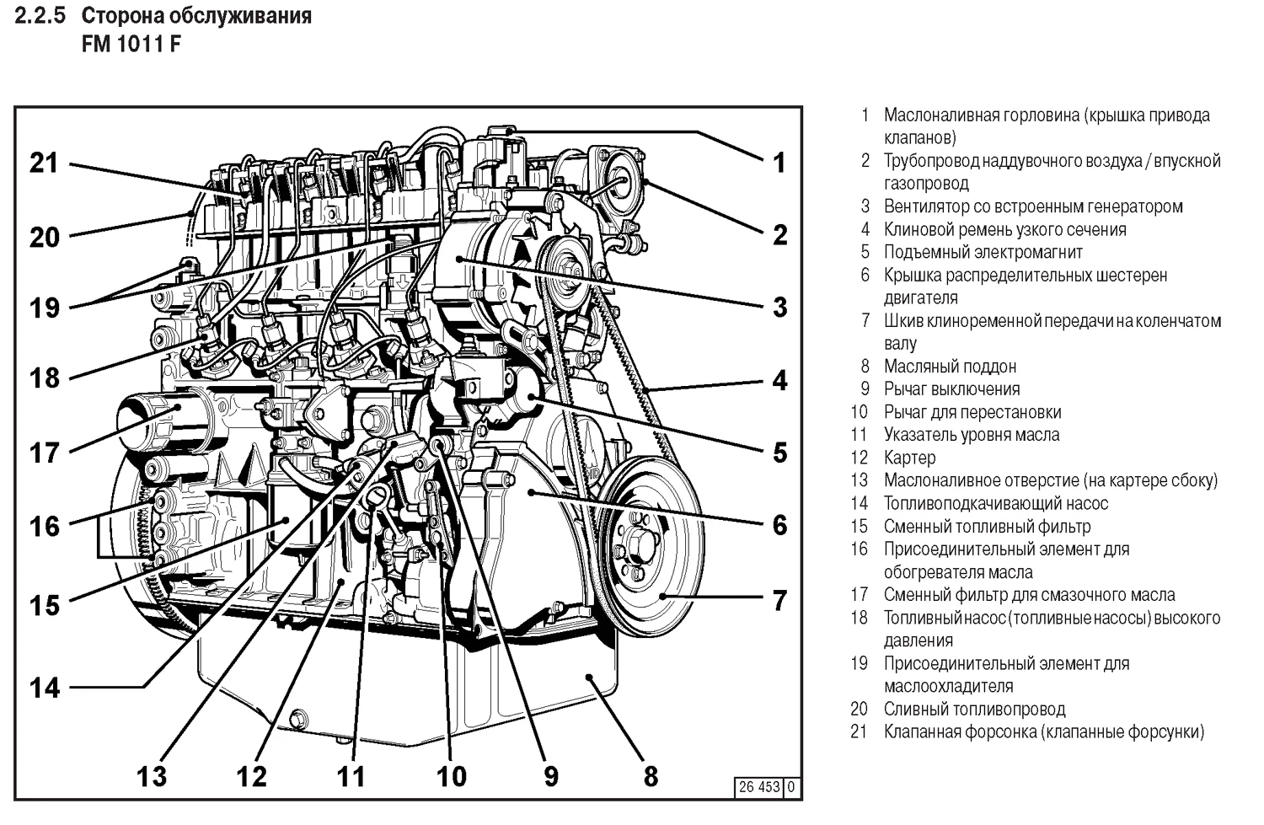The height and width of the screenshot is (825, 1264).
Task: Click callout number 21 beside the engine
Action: (44, 162)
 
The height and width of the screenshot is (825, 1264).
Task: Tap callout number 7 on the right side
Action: (779, 600)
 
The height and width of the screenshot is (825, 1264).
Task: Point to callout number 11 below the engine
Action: (351, 775)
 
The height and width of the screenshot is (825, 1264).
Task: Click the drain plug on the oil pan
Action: (297, 719)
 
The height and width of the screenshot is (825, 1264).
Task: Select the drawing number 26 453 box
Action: (759, 787)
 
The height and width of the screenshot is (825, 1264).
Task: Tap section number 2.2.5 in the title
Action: (40, 16)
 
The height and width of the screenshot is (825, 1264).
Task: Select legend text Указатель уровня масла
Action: (971, 435)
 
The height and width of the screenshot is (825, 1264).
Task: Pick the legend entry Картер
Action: (909, 458)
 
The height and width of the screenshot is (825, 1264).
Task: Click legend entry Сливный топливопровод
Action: (974, 709)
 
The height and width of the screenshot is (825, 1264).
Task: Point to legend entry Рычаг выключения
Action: (951, 388)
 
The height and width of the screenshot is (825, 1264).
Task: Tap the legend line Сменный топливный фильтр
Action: (987, 526)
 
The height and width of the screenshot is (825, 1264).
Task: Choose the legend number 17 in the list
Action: (859, 595)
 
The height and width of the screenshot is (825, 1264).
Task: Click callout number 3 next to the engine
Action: (779, 307)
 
